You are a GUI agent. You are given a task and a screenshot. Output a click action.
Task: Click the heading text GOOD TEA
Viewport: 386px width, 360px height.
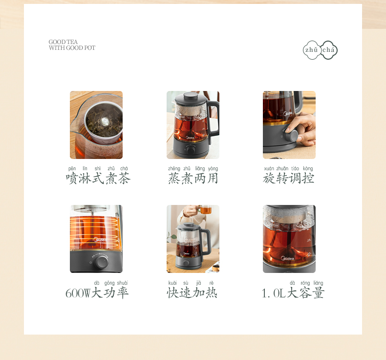coord(63,42)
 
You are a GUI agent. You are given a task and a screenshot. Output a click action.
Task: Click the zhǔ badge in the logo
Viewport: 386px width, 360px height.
coord(311,50)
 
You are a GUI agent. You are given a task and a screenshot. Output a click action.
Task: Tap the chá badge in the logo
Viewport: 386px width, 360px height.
coord(329,50)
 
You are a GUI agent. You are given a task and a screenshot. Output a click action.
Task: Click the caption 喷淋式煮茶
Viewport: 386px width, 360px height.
coord(98,178)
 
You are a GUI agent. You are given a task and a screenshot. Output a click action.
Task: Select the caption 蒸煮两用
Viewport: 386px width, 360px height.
coord(193,178)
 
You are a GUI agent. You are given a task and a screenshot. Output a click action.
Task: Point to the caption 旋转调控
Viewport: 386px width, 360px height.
coord(289,178)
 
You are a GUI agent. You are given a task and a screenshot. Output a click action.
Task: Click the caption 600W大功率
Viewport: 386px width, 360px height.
coord(97,292)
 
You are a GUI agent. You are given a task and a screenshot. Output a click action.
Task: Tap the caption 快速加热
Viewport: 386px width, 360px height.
coord(192,292)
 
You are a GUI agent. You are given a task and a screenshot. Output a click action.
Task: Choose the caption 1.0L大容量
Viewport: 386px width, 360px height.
coord(293,292)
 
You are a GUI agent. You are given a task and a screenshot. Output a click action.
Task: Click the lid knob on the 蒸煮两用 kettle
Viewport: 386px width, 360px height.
coord(191,95)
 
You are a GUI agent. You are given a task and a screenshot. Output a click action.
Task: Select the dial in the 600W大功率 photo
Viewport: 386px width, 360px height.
coord(102,262)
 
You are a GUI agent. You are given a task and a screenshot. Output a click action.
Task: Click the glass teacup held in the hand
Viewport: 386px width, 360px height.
coord(206,210)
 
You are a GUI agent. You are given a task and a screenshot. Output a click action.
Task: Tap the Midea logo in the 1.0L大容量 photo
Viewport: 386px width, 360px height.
coord(287,258)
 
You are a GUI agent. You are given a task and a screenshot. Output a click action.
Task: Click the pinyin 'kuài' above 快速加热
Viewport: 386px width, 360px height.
coord(172,283)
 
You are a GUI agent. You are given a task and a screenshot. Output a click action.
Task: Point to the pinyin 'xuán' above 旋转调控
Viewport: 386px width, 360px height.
coord(269,169)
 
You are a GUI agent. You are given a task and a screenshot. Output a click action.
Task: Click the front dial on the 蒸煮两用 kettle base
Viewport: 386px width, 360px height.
coord(190,150)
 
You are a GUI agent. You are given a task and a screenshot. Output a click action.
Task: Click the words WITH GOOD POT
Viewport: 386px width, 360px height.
coord(72,48)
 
